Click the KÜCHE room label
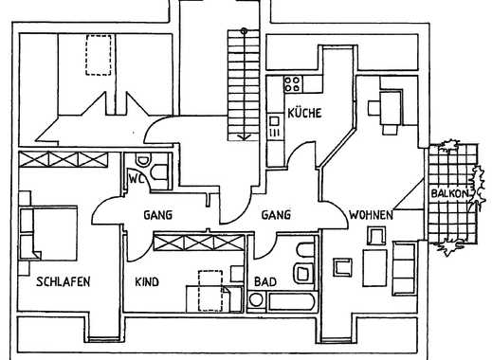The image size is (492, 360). [304, 113]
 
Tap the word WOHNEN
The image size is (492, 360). [371, 215]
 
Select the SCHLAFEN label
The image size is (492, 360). [64, 281]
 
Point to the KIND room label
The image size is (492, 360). [147, 281]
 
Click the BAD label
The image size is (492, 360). [265, 281]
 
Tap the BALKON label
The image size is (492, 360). [449, 193]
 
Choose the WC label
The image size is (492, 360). [137, 179]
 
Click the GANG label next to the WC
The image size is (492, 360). [158, 215]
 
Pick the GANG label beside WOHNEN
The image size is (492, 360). [276, 215]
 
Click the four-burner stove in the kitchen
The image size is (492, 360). [293, 83]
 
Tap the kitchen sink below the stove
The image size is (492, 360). [274, 126]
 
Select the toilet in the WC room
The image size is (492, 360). [143, 160]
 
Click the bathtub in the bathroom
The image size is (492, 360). [291, 301]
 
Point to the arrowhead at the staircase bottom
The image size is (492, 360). [244, 137]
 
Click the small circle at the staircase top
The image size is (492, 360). [244, 31]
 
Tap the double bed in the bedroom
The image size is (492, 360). [48, 233]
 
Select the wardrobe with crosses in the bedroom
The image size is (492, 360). [64, 159]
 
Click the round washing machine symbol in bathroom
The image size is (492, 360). [256, 300]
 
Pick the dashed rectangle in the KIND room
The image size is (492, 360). [210, 291]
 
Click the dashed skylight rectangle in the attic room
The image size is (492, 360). [99, 55]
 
